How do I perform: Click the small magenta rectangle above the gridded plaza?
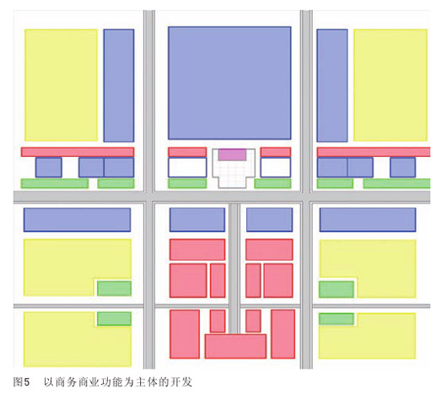pos(232,154)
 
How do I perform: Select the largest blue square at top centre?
pos(229,83)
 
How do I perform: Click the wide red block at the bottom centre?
pos(235,347)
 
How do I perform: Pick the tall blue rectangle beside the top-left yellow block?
pos(119,85)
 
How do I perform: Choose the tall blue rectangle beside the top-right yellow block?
pos(332,85)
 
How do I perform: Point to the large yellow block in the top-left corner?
pos(61,85)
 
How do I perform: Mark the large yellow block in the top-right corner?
pos(390,85)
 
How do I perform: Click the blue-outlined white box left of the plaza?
pos(187,167)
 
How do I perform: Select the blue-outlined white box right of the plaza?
pos(276,167)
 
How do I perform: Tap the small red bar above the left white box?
pos(187,152)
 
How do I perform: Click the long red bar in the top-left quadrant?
pos(78,152)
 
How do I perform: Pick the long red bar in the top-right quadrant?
pos(374,152)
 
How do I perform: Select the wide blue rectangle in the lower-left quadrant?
pos(77,220)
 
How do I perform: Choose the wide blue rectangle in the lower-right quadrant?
pos(368,220)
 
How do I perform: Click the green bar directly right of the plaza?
pos(272,183)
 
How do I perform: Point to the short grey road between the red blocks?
pos(234,268)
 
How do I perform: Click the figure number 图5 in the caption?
pos(21,382)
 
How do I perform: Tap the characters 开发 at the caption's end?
pos(181,382)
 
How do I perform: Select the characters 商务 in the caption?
pos(66,382)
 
